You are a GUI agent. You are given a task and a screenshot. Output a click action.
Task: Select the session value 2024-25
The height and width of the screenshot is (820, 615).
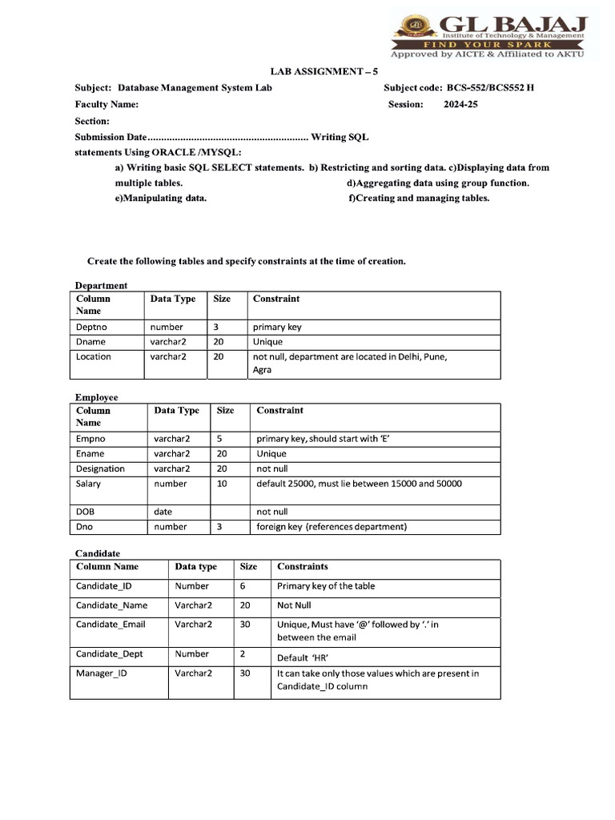point(460,104)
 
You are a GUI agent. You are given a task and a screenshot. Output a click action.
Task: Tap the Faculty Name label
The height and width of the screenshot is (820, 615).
point(107,104)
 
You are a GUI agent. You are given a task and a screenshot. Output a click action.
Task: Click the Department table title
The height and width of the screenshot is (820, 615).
point(101,285)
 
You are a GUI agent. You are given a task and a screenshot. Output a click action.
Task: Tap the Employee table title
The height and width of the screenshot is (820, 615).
point(96,397)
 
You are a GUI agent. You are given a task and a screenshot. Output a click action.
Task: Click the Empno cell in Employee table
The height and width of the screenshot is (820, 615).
point(90,439)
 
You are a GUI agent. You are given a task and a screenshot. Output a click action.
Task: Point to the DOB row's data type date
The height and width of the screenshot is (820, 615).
point(163,512)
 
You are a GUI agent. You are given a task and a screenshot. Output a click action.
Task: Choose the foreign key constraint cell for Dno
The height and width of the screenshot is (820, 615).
point(332,527)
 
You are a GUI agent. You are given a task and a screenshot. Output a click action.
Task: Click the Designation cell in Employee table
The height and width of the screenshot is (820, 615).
point(100,468)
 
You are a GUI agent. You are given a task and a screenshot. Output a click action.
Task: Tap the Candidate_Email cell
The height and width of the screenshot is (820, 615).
point(111,625)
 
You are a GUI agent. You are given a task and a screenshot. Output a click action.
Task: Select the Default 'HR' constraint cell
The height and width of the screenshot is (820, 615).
point(297,658)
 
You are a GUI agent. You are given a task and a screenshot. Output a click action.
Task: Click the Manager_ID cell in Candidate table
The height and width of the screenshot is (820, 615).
point(101,673)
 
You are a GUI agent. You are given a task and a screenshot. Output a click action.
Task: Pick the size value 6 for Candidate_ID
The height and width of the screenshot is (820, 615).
point(243,586)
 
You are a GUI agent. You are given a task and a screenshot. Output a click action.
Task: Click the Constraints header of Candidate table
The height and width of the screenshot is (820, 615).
point(303,567)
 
